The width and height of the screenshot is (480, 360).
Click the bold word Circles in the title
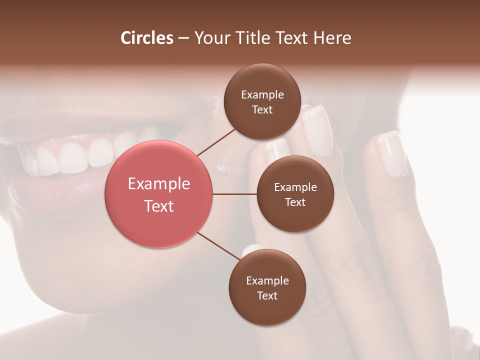pos(146,38)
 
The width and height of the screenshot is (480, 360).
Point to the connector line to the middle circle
pos(235,194)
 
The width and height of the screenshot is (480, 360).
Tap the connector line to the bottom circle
pos(218,246)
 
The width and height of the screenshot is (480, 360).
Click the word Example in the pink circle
pos(158,184)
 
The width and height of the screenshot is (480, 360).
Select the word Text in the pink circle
pos(158,206)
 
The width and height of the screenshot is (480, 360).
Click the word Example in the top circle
pos(262,95)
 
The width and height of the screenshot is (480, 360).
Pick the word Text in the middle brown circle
pos(295,202)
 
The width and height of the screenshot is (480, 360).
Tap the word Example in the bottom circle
pos(267,281)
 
